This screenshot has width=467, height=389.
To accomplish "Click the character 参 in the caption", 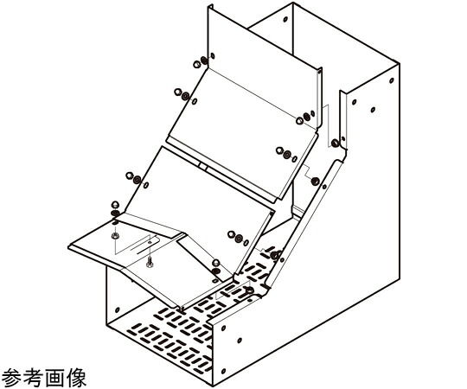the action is point(12,378).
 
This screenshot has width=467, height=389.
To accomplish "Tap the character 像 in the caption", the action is point(76,378).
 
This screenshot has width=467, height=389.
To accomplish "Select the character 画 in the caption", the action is point(54,378).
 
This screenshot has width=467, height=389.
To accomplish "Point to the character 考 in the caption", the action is point(34,378).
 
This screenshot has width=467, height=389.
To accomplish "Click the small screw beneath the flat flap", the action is point(150,261).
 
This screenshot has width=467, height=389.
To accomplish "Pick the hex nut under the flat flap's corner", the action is point(115,236).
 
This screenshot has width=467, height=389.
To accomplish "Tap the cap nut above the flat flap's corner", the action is point(115,205).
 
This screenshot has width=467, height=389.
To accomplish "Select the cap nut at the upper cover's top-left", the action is point(196,64).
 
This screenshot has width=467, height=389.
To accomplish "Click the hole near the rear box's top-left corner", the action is point(285,19).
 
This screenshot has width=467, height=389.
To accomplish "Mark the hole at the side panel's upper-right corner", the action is point(392,80).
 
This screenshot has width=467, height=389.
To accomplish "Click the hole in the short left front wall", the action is point(117,309).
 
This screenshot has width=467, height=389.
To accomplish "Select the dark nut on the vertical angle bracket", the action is point(335,143).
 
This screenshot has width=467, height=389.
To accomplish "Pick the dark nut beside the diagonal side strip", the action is point(315,182).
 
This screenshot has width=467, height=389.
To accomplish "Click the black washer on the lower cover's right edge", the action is point(239,238).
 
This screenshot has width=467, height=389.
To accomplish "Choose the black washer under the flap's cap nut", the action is point(115,214).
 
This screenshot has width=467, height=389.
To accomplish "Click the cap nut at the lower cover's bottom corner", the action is point(216,263).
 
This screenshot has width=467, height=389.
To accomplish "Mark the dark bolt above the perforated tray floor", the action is point(275,255).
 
